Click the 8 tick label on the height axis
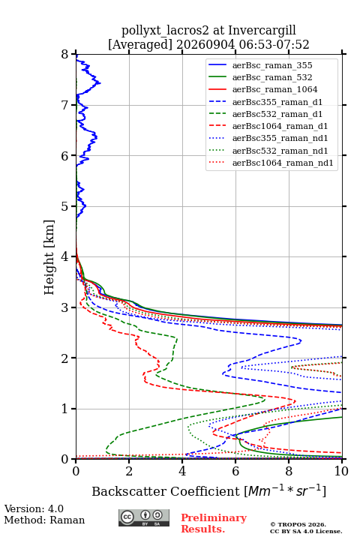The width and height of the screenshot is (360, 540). pyautogui.click(x=65, y=55)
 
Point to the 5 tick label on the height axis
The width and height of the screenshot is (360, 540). pyautogui.click(x=65, y=207)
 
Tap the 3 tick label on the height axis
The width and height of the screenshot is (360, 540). pyautogui.click(x=65, y=307)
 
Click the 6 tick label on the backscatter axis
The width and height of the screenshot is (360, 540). pyautogui.click(x=235, y=471)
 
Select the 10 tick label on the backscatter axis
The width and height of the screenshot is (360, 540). pyautogui.click(x=342, y=471)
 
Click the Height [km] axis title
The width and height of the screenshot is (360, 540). pyautogui.click(x=49, y=257)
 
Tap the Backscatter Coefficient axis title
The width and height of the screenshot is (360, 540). pyautogui.click(x=208, y=491)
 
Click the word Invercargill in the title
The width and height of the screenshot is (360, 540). pyautogui.click(x=262, y=31)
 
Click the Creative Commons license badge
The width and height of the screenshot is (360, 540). pyautogui.click(x=144, y=518)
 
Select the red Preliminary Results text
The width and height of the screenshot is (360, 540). pyautogui.click(x=214, y=523)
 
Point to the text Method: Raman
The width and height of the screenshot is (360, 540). pyautogui.click(x=44, y=520)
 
